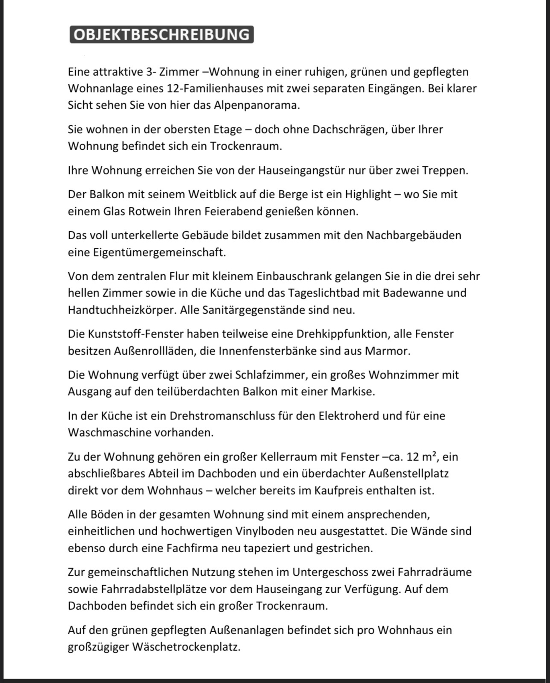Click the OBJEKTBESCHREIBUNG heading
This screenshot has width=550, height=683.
click(x=162, y=35)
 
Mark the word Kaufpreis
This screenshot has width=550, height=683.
click(x=339, y=491)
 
